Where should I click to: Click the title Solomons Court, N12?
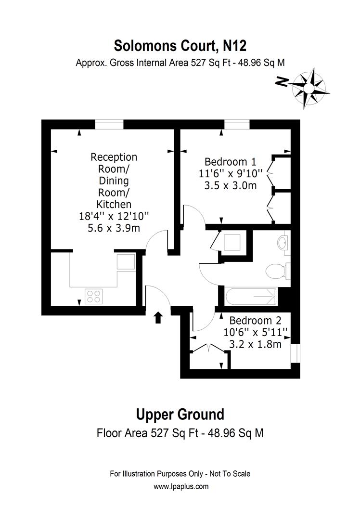click(180, 46)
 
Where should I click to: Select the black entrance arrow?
click(158, 317)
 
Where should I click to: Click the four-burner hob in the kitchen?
click(94, 296)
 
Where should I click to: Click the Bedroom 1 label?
click(231, 161)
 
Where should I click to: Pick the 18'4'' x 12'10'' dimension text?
click(114, 216)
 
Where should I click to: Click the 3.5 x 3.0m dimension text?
click(231, 185)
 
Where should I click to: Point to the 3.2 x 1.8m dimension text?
click(255, 344)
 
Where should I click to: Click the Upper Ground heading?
click(180, 414)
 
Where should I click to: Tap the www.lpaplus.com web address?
click(181, 486)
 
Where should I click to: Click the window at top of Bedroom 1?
click(237, 125)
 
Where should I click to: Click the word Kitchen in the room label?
click(114, 204)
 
